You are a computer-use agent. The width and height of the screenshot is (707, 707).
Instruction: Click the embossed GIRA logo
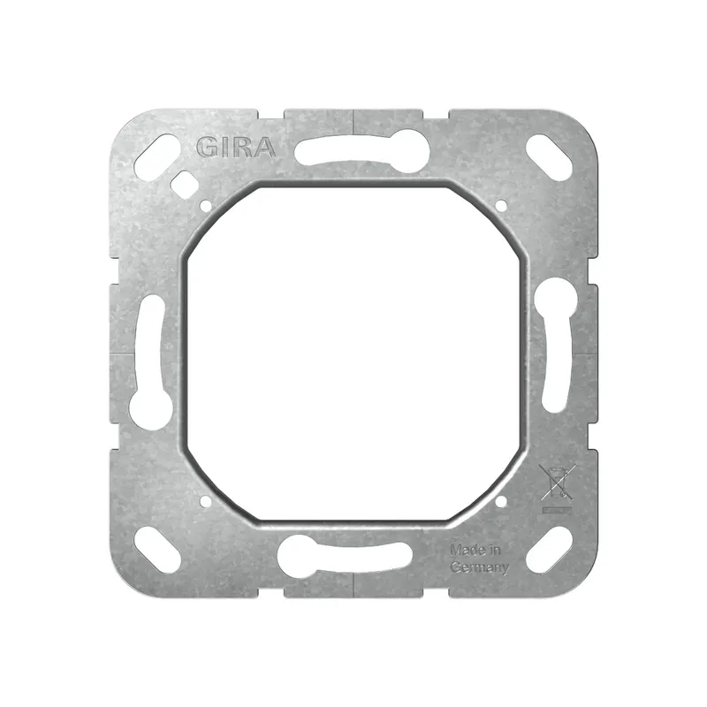[x=236, y=147]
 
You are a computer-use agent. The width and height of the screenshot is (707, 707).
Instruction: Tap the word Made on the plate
[x=465, y=550]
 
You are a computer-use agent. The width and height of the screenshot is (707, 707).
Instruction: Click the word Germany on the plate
[x=479, y=567]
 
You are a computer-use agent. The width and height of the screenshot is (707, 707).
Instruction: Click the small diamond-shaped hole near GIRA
[x=183, y=183]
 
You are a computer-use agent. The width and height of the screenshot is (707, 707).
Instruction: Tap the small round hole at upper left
[x=207, y=206]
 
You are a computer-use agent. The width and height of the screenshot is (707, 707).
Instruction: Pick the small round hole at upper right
[x=500, y=206]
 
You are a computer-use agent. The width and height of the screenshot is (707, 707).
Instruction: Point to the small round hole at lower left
[x=207, y=500]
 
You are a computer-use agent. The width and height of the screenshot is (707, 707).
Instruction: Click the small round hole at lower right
[x=500, y=500]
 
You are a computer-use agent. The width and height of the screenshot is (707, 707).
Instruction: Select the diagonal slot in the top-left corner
[x=158, y=157]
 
